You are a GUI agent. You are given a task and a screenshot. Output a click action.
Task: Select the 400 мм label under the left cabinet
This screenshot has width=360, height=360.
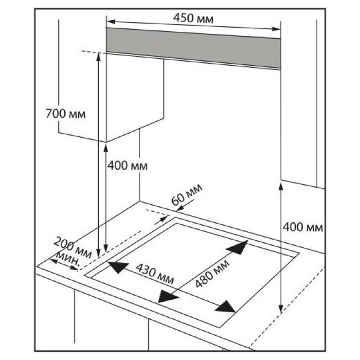[127, 166]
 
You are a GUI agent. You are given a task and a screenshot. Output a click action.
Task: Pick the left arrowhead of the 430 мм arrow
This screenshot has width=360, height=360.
[115, 267]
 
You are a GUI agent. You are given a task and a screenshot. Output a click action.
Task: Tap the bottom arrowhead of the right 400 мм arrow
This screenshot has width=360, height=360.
[281, 308]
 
